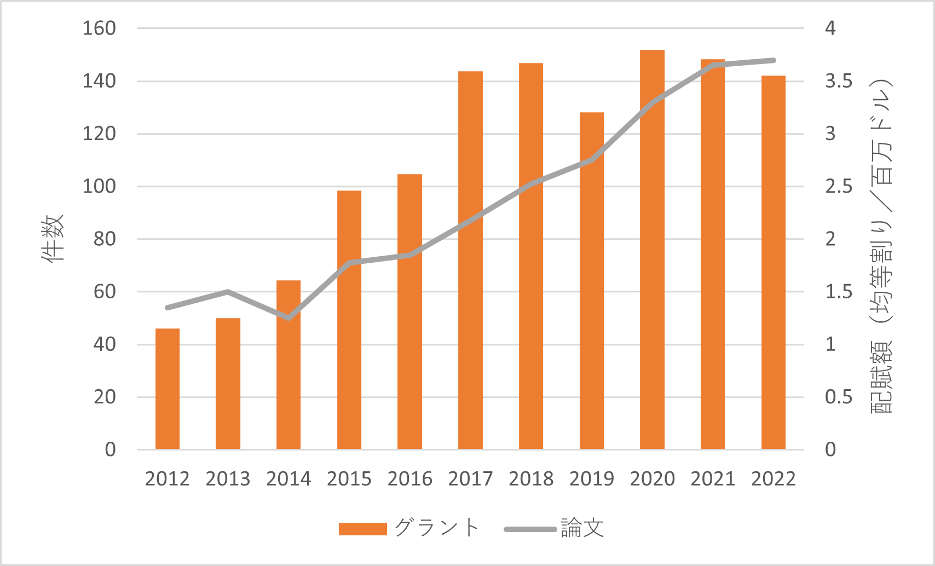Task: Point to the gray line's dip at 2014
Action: click(x=288, y=317)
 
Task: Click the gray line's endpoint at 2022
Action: click(x=774, y=60)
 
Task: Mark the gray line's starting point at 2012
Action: click(x=168, y=308)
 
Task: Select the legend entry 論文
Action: click(x=582, y=528)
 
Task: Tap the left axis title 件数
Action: click(x=53, y=239)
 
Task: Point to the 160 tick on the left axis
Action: click(x=99, y=28)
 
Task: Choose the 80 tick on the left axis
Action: click(x=105, y=239)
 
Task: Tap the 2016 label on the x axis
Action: click(x=409, y=479)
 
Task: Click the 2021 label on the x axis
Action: click(x=713, y=479)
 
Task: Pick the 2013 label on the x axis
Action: click(x=228, y=479)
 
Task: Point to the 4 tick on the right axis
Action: click(x=830, y=28)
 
